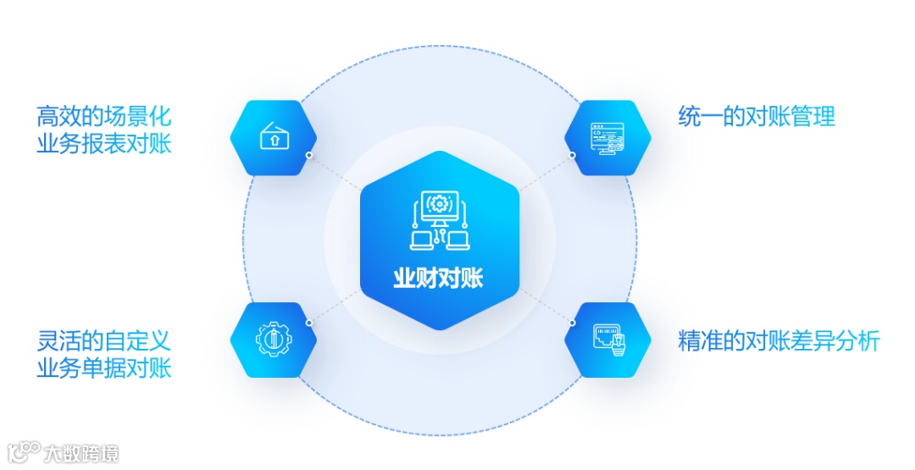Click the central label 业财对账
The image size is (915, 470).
[438, 279]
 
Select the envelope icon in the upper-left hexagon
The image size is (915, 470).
[274, 136]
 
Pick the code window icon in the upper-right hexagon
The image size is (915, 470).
[607, 137]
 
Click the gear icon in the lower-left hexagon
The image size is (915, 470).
[274, 340]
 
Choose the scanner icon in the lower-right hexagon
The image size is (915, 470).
[607, 340]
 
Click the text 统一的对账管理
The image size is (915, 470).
[757, 116]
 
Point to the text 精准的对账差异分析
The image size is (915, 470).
[779, 341]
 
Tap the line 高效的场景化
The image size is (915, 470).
[103, 116]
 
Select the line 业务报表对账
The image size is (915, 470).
[103, 143]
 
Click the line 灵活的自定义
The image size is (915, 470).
[103, 341]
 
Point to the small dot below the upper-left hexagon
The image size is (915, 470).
[309, 156]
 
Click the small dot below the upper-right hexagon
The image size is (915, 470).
[573, 155]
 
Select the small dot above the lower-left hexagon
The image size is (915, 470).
[309, 323]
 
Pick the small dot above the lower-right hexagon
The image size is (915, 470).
[573, 323]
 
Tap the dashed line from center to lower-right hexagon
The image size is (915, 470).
[542, 305]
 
